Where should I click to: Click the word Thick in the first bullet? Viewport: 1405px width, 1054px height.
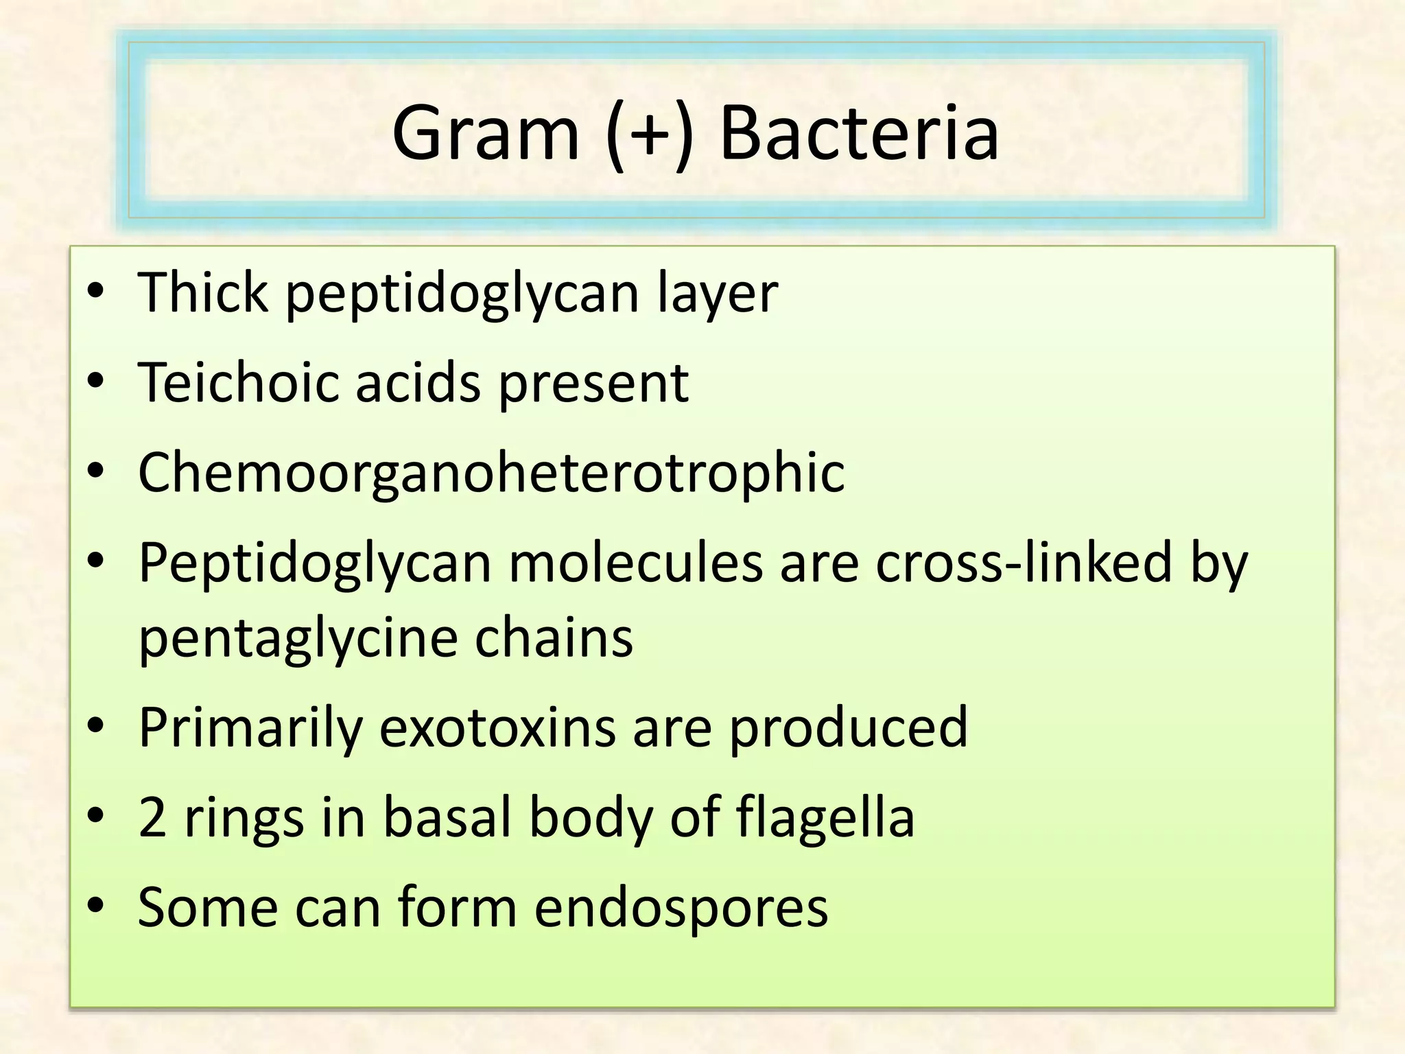[203, 292]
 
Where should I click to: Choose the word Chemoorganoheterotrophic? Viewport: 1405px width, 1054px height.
[491, 473]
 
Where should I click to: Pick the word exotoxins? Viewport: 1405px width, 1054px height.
[497, 727]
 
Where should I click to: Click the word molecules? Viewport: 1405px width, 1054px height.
[636, 563]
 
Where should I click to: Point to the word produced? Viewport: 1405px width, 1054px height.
[848, 727]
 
